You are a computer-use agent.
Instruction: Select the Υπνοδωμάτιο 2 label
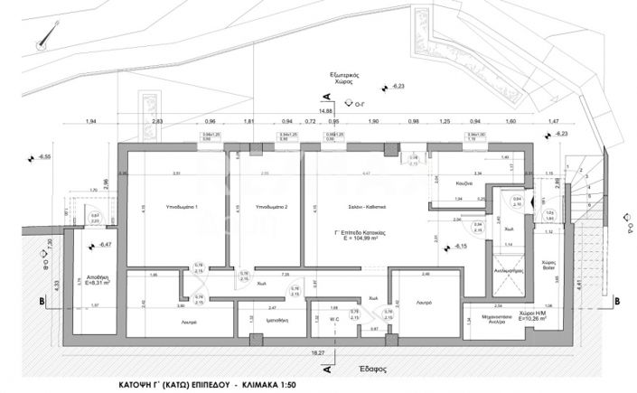coord(271,207)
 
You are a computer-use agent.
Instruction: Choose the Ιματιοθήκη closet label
coord(271,320)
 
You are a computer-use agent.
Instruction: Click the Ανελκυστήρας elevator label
coord(509,269)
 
